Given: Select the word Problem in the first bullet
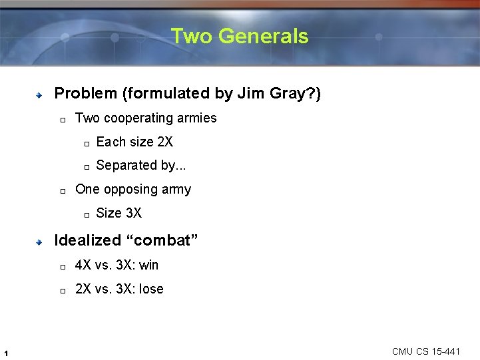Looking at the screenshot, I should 85,94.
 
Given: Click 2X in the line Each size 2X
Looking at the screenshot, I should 164,142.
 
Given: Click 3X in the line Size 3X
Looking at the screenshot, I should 133,213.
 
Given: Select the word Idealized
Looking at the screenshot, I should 87,240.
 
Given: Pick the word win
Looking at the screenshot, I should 149,265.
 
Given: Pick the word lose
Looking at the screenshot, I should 151,289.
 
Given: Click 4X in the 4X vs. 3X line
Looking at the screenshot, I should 83,265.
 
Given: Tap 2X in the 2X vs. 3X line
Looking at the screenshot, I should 83,289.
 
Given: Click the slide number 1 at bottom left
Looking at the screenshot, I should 5,353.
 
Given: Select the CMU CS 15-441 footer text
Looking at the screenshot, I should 426,351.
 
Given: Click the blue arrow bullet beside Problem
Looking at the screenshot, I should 40,95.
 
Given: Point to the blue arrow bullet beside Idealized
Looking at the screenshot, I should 40,242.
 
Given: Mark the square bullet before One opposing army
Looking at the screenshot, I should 61,191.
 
